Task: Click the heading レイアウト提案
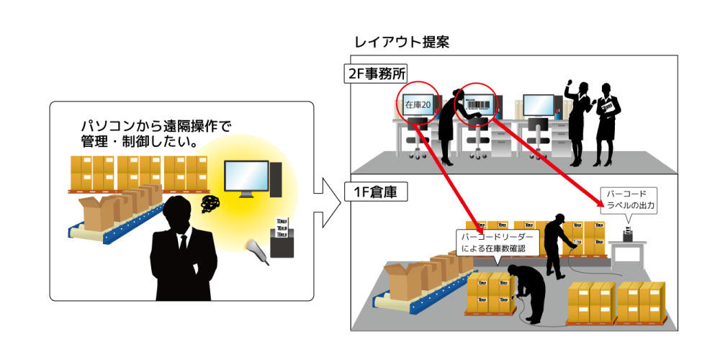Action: (402, 42)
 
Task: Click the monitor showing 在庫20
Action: (418, 105)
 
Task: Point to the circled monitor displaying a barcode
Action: (480, 106)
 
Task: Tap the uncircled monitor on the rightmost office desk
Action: (538, 106)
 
